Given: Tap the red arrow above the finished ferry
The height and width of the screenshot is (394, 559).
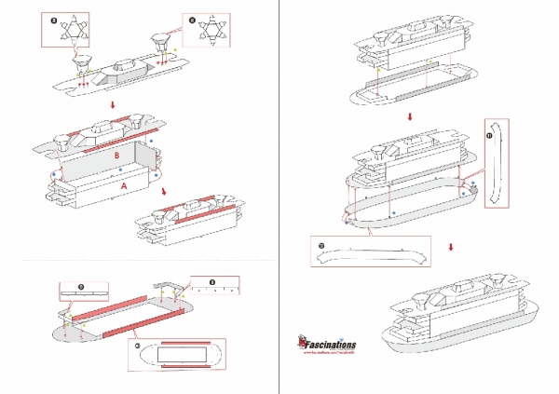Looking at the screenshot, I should click(x=451, y=248).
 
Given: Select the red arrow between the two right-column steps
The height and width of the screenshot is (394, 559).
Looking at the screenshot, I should click(x=411, y=117).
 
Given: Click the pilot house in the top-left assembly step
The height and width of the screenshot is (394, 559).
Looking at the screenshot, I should click(x=125, y=66).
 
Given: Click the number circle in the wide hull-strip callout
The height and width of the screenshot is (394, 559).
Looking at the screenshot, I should click(x=321, y=246).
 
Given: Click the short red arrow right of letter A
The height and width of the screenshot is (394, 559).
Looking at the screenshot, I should click(x=166, y=191).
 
